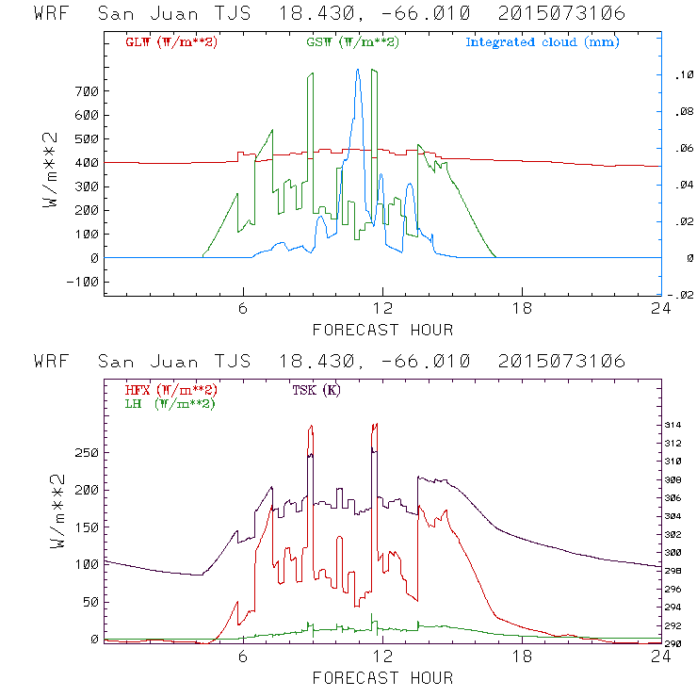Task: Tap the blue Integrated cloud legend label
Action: pyautogui.click(x=543, y=42)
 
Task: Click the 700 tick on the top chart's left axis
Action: pyautogui.click(x=87, y=91)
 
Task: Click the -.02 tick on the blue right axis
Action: pyautogui.click(x=683, y=295)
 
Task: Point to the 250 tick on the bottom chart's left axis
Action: pyautogui.click(x=87, y=453)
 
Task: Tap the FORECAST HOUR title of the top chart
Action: pyautogui.click(x=382, y=330)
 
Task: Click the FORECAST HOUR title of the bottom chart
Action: pyautogui.click(x=382, y=678)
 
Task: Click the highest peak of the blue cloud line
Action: pyautogui.click(x=358, y=70)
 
